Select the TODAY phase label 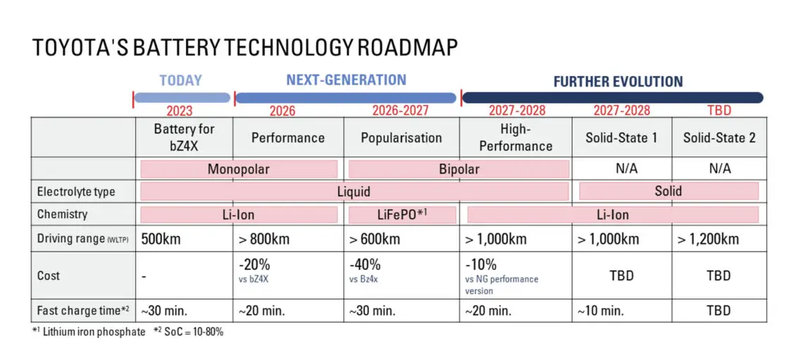tap(181, 80)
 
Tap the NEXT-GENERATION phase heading tap(346, 80)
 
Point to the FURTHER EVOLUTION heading tap(618, 82)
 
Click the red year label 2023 tap(180, 111)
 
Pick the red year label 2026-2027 tap(401, 111)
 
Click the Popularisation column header tap(401, 138)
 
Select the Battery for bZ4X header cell tap(184, 137)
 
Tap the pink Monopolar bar tap(239, 169)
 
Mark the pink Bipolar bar tap(459, 169)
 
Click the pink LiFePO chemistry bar tap(402, 215)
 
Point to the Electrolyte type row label tap(76, 192)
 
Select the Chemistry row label tap(63, 215)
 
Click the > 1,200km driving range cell tap(708, 239)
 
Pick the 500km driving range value tap(161, 239)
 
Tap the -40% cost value tap(365, 266)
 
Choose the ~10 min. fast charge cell tap(601, 310)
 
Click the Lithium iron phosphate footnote tap(89, 332)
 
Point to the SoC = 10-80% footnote tap(189, 332)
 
